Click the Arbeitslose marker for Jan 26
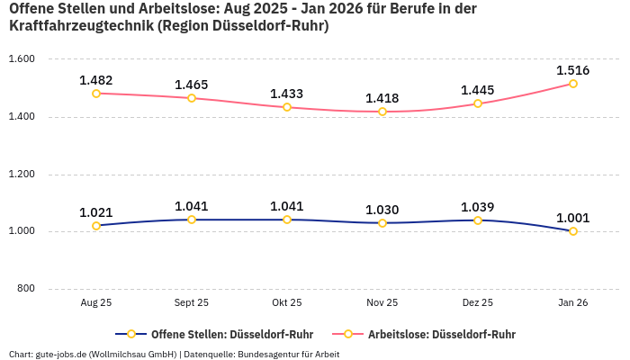tap(573, 84)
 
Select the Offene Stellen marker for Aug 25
tap(96, 226)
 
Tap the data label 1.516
tap(573, 70)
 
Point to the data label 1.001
tap(573, 218)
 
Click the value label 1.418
tap(382, 98)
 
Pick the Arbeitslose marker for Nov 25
tap(382, 112)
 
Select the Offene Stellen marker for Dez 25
tap(478, 220)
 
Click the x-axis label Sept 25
tap(192, 303)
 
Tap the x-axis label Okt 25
tap(287, 303)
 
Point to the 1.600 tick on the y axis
tap(21, 59)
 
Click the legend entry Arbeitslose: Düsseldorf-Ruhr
tap(441, 334)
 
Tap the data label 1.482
tap(96, 80)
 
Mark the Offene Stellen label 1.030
tap(382, 210)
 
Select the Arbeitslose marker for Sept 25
tap(192, 98)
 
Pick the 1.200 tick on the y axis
tap(21, 175)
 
